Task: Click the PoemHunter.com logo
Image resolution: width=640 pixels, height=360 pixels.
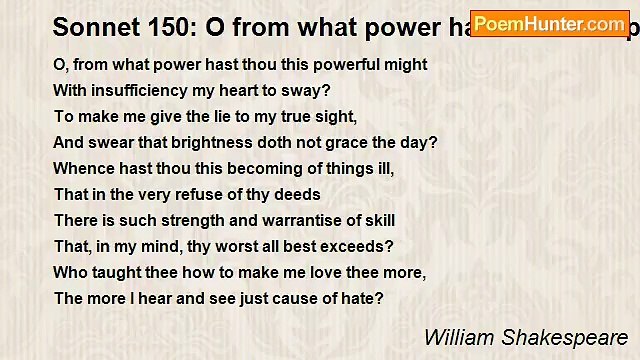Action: (550, 23)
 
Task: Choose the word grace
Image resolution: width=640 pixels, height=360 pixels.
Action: (343, 143)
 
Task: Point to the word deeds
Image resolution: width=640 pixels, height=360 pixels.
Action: (298, 195)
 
